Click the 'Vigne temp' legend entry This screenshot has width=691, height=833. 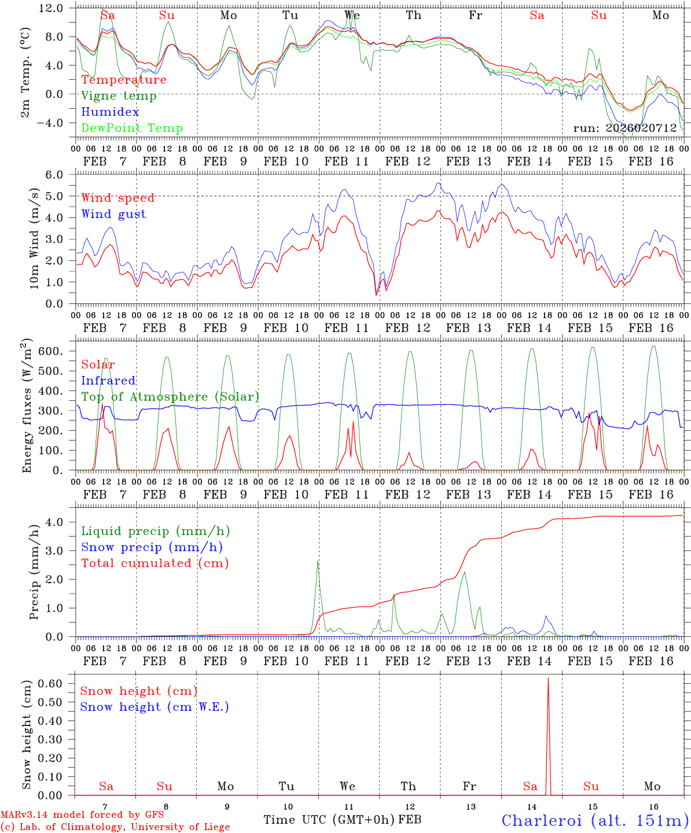[119, 96]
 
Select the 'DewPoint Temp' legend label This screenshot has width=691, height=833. [132, 128]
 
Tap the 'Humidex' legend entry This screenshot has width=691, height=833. [110, 112]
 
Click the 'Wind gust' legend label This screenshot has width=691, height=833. [113, 214]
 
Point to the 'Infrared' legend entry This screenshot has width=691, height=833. [108, 381]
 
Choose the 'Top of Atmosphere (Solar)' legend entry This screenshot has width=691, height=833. [170, 397]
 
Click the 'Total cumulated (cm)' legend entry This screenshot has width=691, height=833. [155, 563]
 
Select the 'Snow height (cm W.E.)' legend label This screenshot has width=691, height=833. [154, 707]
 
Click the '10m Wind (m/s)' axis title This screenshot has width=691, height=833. [35, 239]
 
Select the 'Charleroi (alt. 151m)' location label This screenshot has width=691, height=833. [595, 820]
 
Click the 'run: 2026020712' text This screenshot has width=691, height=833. [624, 128]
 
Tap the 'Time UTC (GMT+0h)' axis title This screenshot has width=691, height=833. [329, 820]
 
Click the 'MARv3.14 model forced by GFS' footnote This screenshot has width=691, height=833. [82, 814]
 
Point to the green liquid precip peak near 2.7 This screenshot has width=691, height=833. [318, 561]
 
